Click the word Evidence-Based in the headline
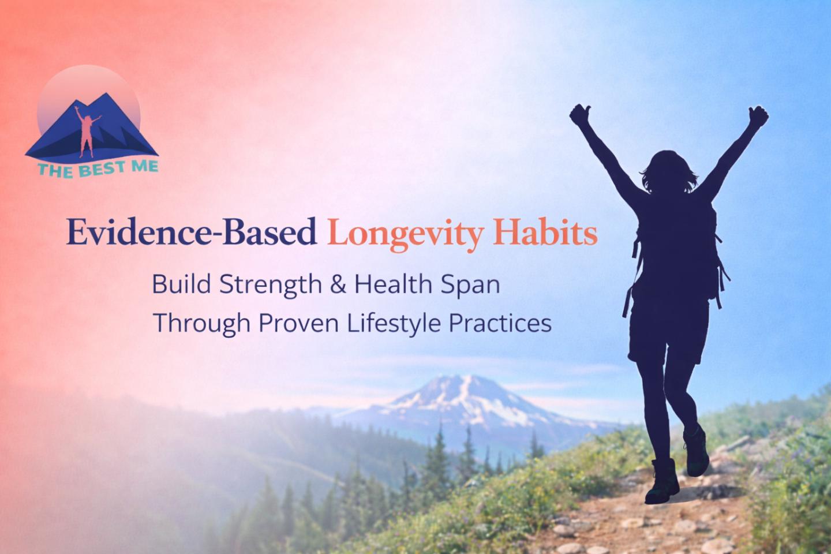[192, 233]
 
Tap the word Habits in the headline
[545, 233]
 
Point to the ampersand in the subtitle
[338, 285]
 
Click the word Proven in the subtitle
[299, 323]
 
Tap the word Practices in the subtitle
[500, 323]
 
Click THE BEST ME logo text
[98, 169]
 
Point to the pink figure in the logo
[87, 132]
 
